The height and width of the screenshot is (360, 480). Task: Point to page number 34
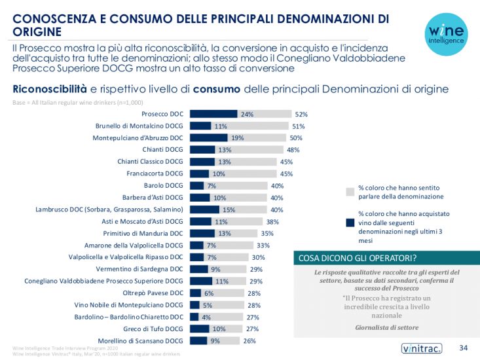coord(463,347)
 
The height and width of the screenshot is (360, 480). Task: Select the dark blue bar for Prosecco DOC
coord(213,114)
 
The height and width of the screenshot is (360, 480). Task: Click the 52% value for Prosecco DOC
coord(301,114)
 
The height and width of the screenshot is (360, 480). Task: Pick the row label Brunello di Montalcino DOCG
coord(141,126)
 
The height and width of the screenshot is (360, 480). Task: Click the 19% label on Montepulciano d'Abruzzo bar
coord(237,137)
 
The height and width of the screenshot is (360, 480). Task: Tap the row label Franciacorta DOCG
coord(155,173)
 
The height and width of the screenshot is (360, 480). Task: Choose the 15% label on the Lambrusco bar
coord(229,209)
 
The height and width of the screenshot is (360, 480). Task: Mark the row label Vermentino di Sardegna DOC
coord(139,269)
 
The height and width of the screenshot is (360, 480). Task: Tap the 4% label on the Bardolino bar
coord(205,317)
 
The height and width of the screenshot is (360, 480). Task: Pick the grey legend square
coord(350,192)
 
